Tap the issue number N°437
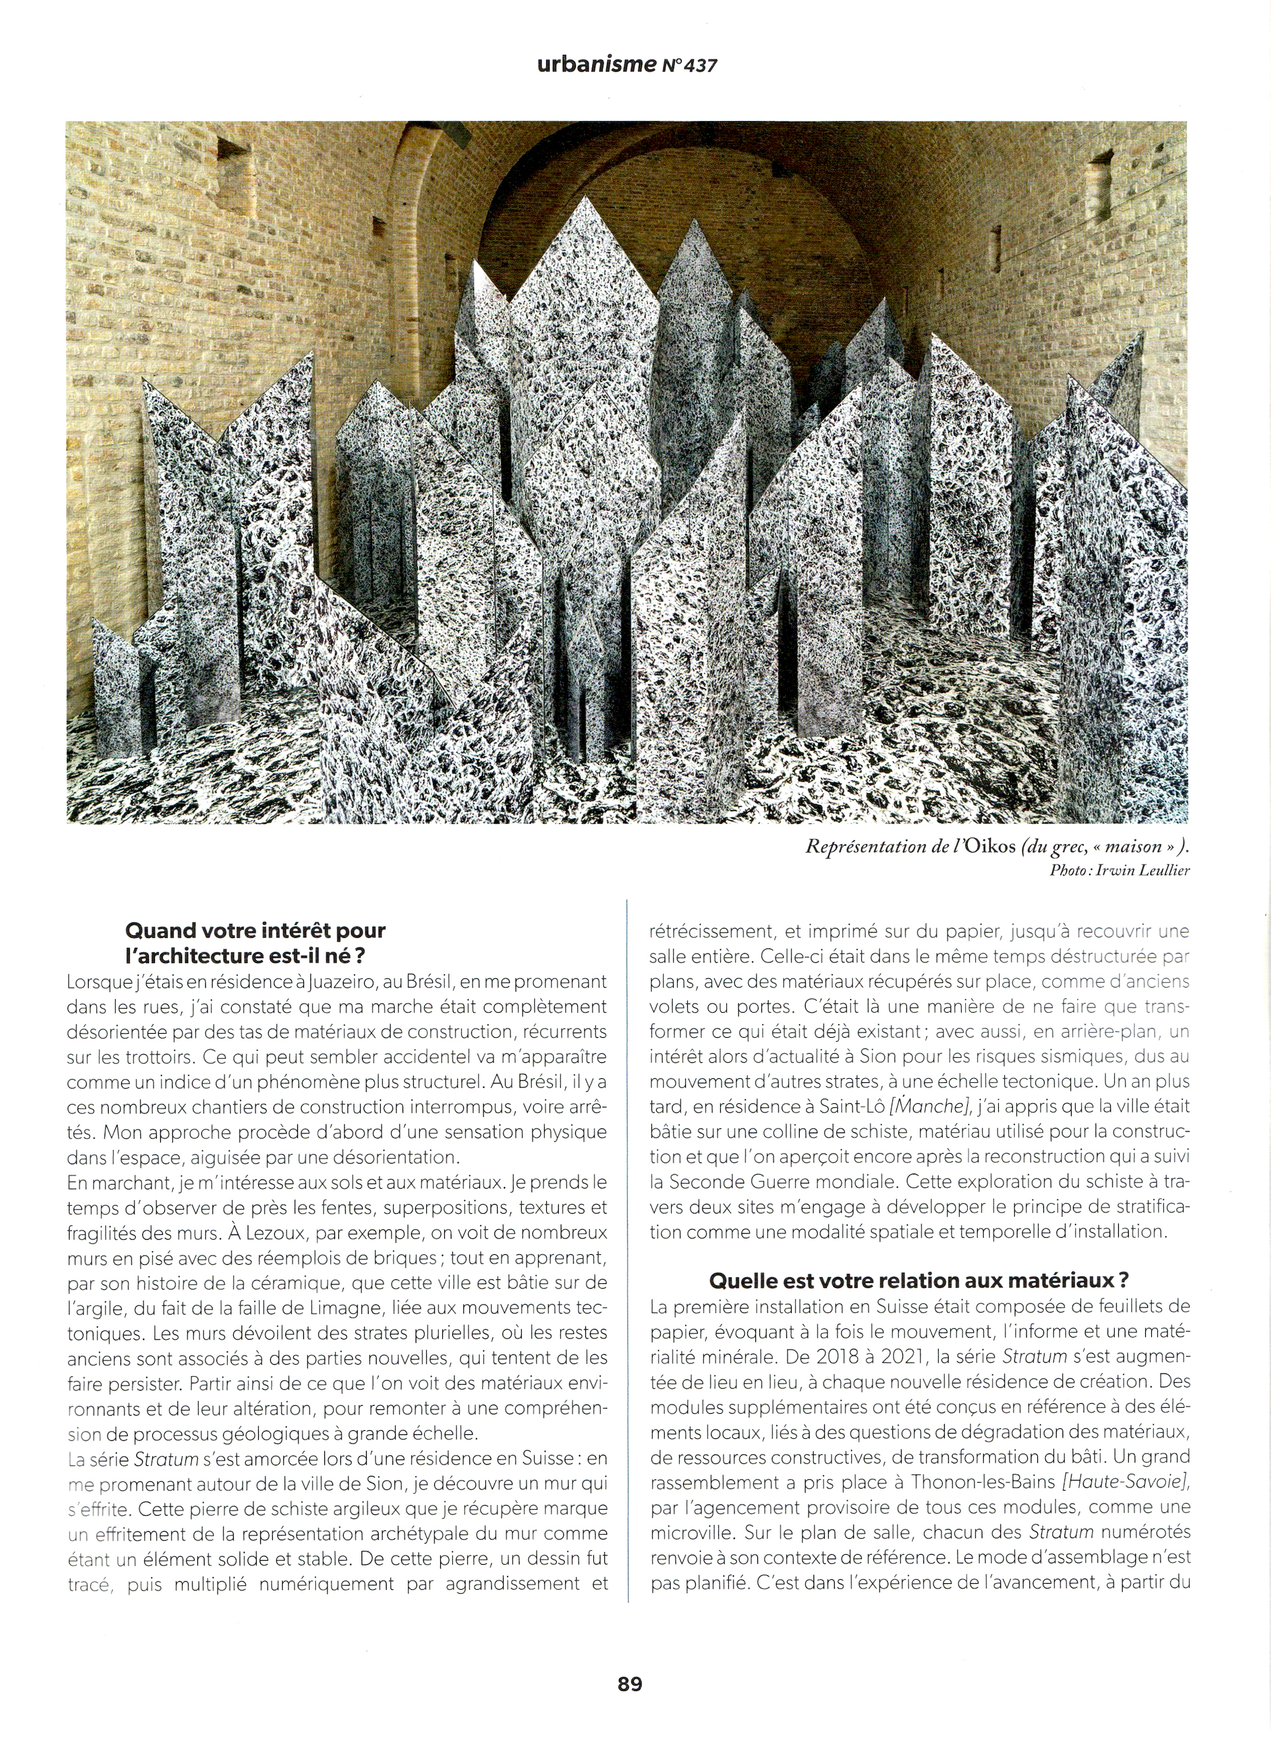(689, 66)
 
